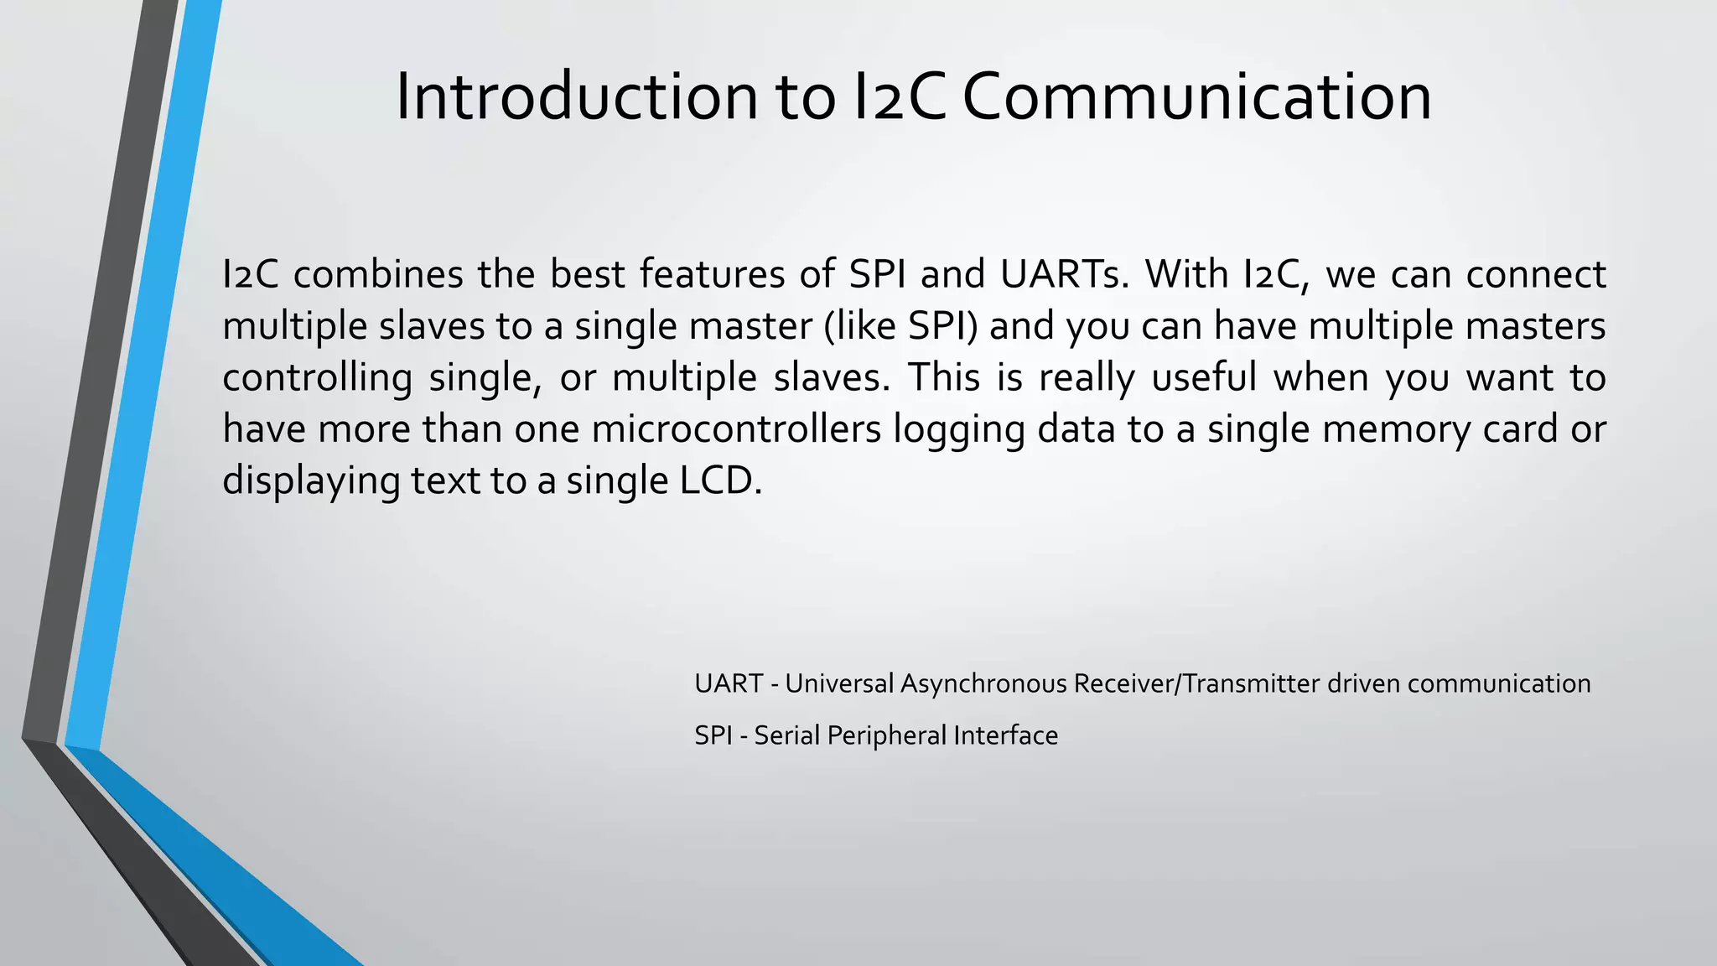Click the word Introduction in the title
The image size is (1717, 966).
[x=577, y=97]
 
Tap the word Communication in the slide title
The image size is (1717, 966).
[x=1196, y=97]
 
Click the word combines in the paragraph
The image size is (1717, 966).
[x=378, y=274]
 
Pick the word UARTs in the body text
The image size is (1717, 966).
[x=1064, y=274]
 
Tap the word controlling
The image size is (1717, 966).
[x=317, y=377]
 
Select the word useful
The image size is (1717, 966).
[x=1204, y=377]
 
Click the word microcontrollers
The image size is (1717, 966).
[x=736, y=429]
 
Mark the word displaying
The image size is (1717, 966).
[x=310, y=481]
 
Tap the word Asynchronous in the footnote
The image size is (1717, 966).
[x=985, y=684]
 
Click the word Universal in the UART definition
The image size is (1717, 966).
[x=839, y=684]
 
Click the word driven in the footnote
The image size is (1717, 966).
[x=1363, y=684]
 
